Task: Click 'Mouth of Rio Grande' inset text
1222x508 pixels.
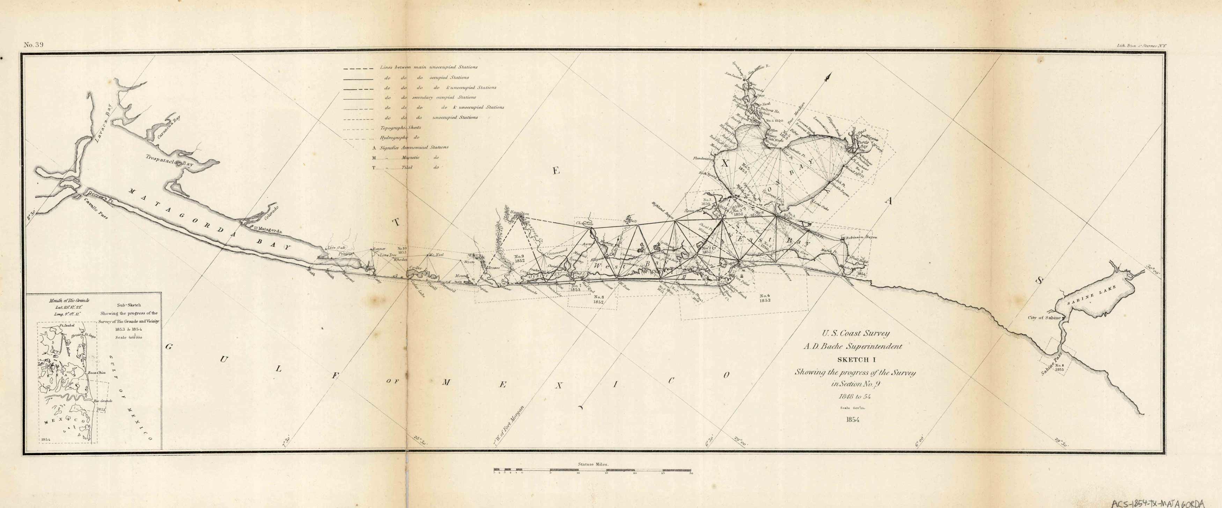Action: [x=69, y=300]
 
